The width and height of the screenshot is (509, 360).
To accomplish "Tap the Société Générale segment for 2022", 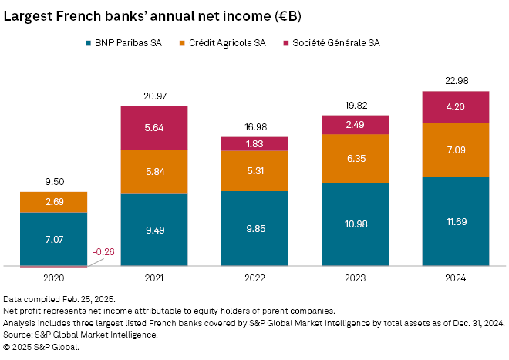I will (254, 143).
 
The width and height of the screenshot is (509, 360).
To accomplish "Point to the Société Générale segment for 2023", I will (355, 125).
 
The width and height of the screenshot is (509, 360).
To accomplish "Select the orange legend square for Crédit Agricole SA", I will (182, 43).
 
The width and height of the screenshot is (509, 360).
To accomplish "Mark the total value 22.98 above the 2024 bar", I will (455, 81).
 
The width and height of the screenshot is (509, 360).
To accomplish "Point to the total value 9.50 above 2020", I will (53, 182).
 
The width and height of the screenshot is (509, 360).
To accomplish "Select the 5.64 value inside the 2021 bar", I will (154, 127).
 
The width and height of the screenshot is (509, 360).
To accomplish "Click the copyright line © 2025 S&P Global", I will (41, 347).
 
